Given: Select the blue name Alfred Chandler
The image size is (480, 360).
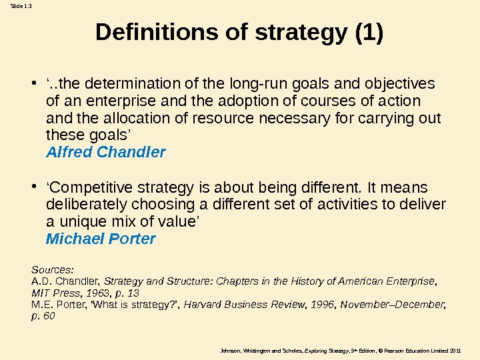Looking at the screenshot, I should [x=106, y=153].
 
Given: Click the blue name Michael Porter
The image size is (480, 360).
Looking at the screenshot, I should [x=101, y=239].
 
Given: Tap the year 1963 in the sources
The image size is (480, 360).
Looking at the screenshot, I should [x=97, y=293].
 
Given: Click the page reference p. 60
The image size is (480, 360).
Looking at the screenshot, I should [x=43, y=316].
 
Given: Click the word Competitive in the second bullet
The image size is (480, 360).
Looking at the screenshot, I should [x=87, y=187].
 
